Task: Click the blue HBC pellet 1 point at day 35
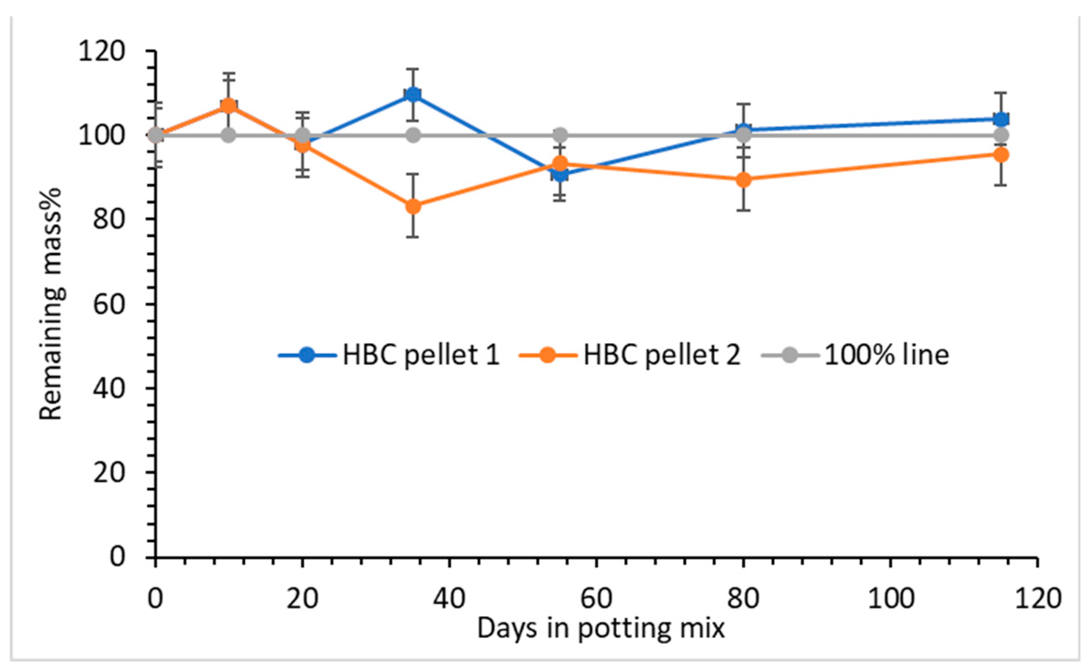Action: (x=413, y=94)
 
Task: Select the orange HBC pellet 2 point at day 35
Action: (x=413, y=206)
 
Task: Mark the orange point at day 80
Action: (x=743, y=180)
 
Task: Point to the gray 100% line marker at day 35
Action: (x=413, y=135)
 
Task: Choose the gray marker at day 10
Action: (x=229, y=135)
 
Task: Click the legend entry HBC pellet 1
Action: (x=420, y=354)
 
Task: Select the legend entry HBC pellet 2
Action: (x=661, y=354)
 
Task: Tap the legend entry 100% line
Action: (x=886, y=354)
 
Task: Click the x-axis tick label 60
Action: (x=596, y=598)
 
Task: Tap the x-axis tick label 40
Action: (x=449, y=598)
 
